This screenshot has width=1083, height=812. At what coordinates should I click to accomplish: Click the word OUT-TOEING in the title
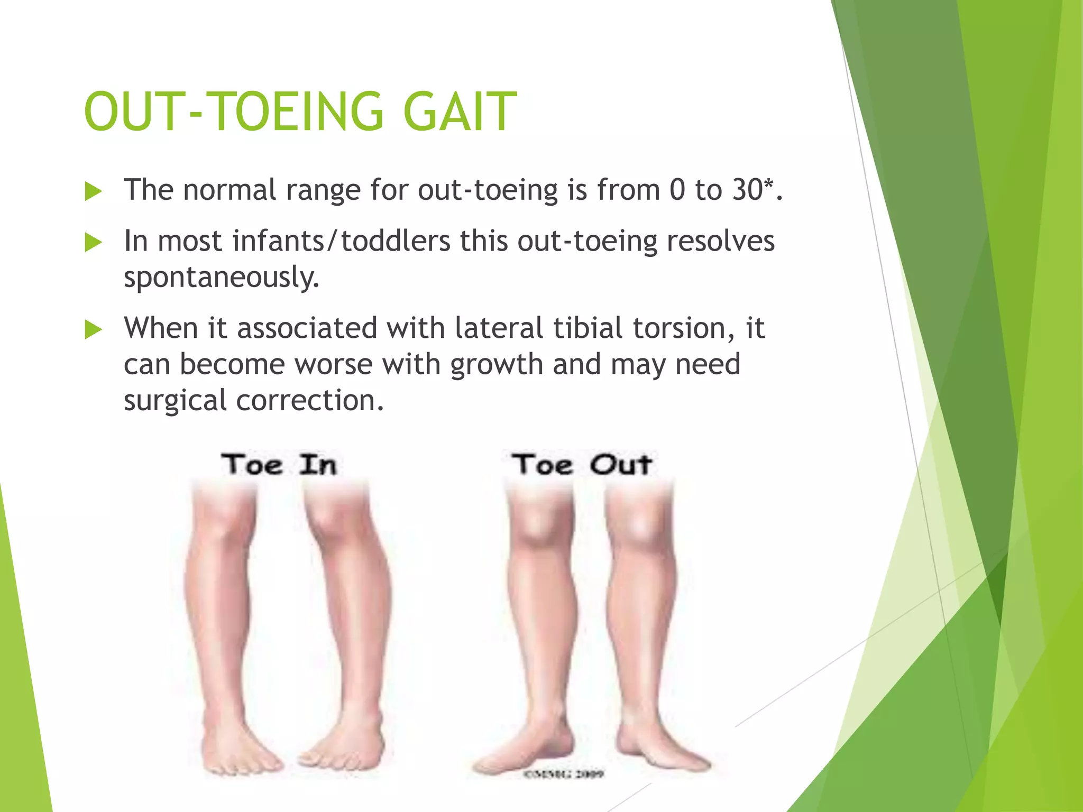pos(233,112)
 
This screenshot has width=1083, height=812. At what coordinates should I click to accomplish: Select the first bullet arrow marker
pos(93,191)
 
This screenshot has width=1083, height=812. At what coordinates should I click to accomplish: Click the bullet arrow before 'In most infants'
pos(93,243)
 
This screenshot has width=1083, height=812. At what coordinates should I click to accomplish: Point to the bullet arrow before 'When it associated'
pos(93,330)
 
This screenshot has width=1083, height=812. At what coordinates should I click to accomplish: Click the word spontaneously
pos(222,277)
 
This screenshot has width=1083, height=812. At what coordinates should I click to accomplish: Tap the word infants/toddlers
pos(341,241)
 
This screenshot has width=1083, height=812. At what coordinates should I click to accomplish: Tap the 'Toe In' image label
pos(279,465)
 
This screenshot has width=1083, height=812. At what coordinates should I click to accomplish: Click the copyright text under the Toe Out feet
pos(563,774)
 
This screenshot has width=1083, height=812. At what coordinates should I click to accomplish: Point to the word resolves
pos(720,241)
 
